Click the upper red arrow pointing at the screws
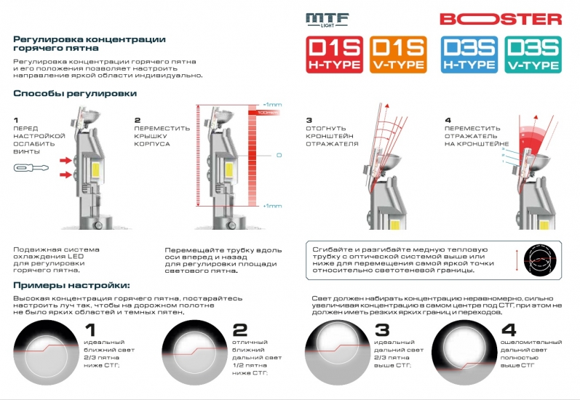point(66,159)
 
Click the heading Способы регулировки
point(75,94)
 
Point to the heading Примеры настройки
point(71,284)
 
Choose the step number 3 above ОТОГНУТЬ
point(309,120)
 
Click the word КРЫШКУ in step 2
point(151,136)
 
